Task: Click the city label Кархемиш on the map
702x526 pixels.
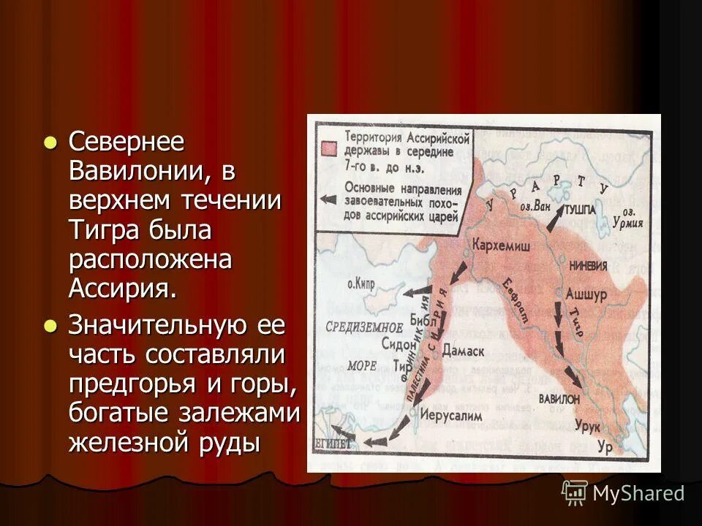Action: (502, 244)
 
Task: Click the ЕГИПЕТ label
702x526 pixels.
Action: (333, 443)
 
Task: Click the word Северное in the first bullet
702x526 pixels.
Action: (127, 142)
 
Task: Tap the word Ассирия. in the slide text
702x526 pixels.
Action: (123, 286)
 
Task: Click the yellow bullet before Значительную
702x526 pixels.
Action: (50, 327)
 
